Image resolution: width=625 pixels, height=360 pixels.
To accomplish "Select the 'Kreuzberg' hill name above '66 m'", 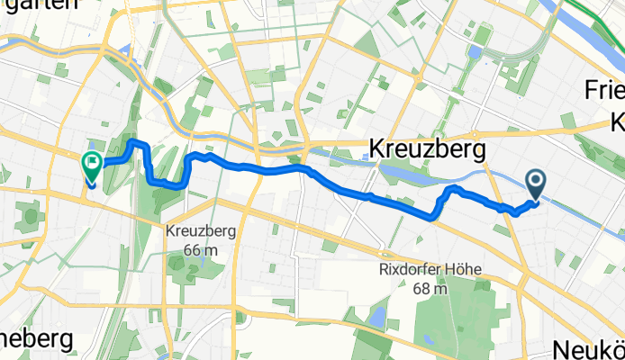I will pyautogui.click(x=201, y=230).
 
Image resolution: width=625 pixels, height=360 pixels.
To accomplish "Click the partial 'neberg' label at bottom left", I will pyautogui.click(x=36, y=341).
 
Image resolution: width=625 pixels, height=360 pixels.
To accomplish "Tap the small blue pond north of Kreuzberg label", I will pyautogui.click(x=475, y=52).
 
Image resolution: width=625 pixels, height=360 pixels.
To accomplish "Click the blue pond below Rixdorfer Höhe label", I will pyautogui.click(x=376, y=316).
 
